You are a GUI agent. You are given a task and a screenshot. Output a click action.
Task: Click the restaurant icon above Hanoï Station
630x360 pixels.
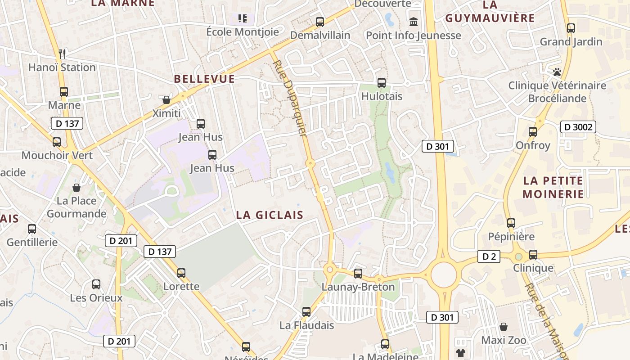[63, 54]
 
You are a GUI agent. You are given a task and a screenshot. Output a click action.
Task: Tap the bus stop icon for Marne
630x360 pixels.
[64, 92]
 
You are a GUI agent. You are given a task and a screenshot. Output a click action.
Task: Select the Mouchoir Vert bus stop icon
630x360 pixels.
[57, 142]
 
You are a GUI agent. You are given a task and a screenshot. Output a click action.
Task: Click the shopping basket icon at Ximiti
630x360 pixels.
[166, 99]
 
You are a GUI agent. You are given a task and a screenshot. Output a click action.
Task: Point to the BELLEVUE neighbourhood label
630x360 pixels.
[204, 79]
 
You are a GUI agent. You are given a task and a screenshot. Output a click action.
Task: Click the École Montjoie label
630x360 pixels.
[243, 32]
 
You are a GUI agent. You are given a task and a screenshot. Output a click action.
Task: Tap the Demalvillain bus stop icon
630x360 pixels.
[320, 22]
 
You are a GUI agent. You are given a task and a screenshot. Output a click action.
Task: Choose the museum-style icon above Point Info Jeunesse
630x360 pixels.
[413, 21]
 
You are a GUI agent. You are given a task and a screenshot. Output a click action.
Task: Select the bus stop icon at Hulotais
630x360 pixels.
[382, 83]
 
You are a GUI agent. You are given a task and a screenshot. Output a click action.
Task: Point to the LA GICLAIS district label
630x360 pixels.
[270, 215]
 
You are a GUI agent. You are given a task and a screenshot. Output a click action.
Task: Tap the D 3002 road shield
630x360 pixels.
[578, 127]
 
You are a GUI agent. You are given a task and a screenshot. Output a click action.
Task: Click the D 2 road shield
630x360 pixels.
[489, 256]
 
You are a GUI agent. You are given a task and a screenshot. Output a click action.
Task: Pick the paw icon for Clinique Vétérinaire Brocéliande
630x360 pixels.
[557, 72]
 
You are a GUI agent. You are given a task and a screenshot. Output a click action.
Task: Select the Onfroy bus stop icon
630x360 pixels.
[533, 132]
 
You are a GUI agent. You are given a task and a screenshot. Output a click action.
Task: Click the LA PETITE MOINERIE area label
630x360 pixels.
[553, 187]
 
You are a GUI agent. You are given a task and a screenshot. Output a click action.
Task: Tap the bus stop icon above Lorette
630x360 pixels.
[181, 273]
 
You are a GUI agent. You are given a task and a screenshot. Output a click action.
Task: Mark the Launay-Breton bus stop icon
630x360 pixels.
[358, 273]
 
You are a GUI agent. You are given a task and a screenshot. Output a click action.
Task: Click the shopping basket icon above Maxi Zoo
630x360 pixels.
[504, 327]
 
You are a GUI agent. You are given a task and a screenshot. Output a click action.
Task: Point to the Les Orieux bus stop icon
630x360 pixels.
[96, 284]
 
